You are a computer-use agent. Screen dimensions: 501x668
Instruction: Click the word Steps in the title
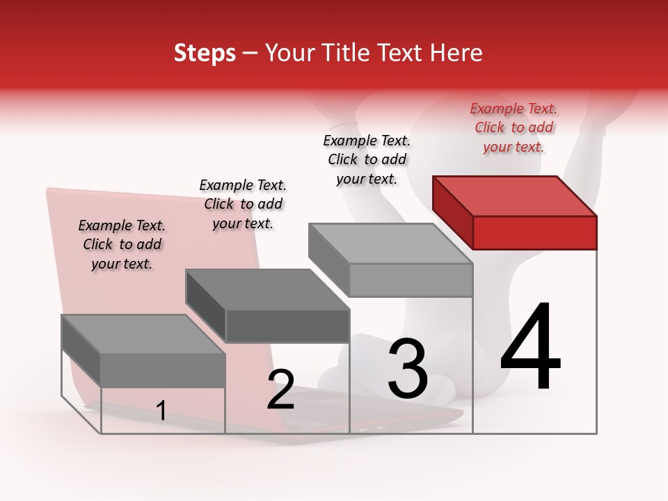click(x=205, y=53)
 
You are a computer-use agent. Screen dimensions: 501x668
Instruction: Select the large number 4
click(x=530, y=348)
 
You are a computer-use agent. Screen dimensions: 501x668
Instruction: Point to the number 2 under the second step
click(x=281, y=390)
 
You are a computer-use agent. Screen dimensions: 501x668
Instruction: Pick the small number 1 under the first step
click(x=161, y=411)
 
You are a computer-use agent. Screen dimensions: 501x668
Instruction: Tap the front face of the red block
click(x=534, y=232)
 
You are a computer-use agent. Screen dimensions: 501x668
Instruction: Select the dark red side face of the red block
click(x=452, y=212)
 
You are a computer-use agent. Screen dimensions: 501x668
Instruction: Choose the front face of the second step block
click(x=287, y=326)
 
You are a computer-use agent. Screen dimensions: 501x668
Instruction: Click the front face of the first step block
click(x=163, y=370)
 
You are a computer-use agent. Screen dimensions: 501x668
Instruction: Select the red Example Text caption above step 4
click(x=514, y=127)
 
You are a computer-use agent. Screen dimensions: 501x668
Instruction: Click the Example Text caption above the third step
click(x=367, y=159)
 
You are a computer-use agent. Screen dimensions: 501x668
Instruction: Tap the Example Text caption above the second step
click(x=243, y=204)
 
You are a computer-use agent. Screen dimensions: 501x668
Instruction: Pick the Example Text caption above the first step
click(x=122, y=244)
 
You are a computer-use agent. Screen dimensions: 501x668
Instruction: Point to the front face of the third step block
click(x=411, y=280)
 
